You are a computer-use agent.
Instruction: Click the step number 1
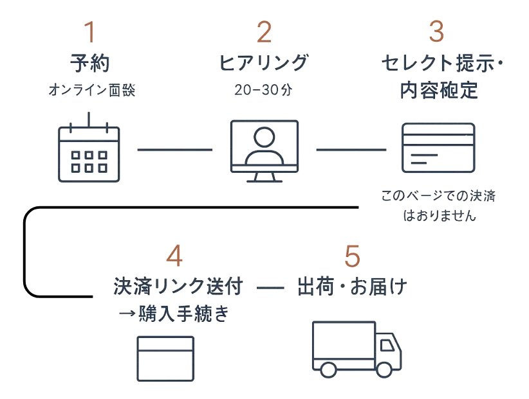pos(89,31)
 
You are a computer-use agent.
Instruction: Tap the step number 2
pos(264,31)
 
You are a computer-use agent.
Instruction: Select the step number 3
pos(436,31)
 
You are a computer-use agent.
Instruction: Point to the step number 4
pos(174,257)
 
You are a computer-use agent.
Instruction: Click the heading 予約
pos(90,64)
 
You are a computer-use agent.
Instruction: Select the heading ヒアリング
pos(263,64)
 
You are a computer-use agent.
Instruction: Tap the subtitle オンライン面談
pos(91,90)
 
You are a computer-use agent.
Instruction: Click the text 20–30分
pos(263,91)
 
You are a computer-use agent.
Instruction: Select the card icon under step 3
pos(439,147)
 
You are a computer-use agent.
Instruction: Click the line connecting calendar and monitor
pos(174,150)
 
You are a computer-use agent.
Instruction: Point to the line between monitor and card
pos(352,150)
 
